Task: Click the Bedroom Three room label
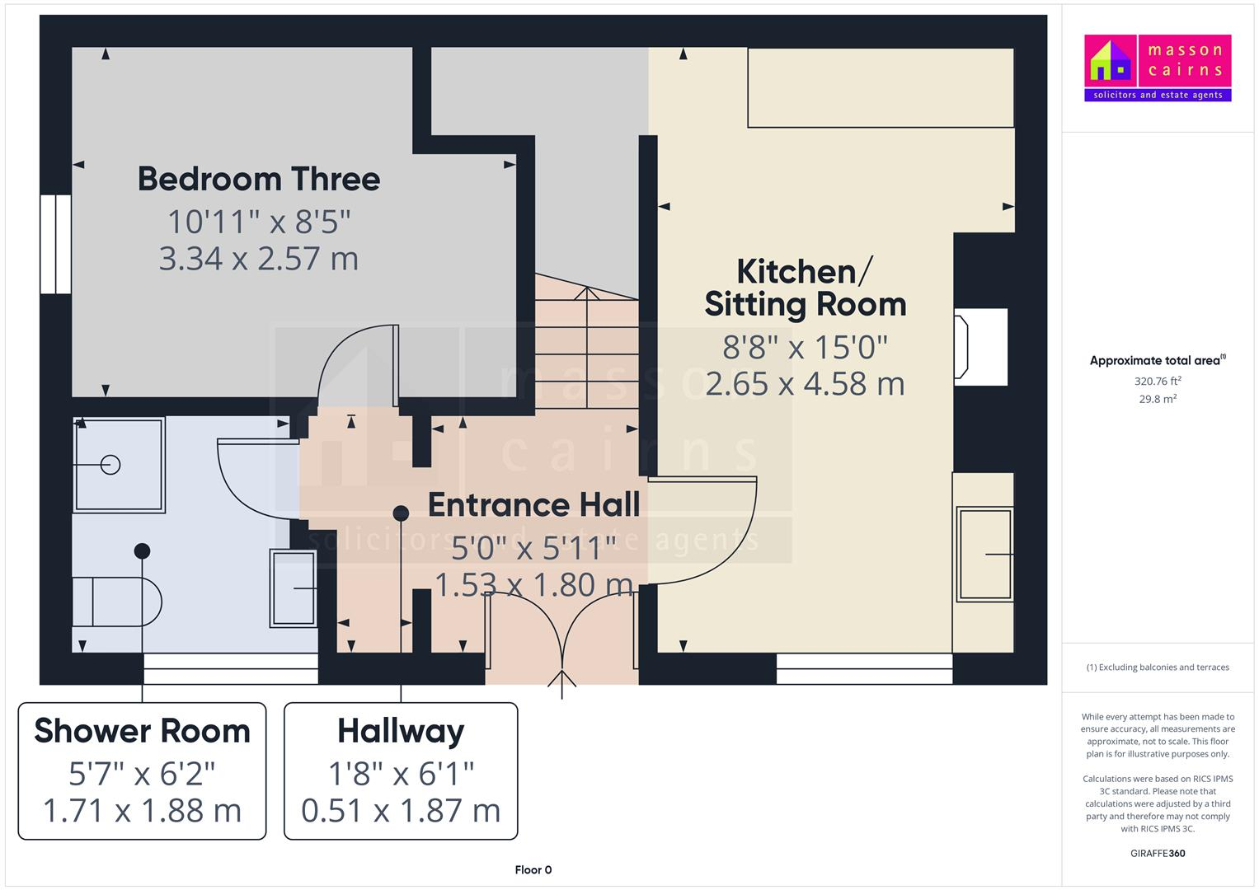click(x=258, y=179)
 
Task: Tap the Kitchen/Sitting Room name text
click(x=805, y=288)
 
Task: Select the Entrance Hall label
click(x=533, y=504)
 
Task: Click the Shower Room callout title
click(x=142, y=731)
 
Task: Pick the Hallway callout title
click(x=401, y=731)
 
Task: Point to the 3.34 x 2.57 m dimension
click(x=258, y=259)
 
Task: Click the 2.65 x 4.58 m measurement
click(x=805, y=384)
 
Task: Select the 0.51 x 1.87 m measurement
click(x=401, y=811)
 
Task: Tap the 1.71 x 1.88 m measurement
click(x=142, y=811)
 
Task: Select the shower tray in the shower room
click(x=119, y=465)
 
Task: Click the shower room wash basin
click(x=294, y=588)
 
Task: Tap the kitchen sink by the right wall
click(x=984, y=554)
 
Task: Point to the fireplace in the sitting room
click(x=980, y=347)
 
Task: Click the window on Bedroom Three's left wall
click(x=55, y=244)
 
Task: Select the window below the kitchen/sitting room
click(x=864, y=668)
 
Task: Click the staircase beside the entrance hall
click(x=586, y=346)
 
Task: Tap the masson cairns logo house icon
click(x=1110, y=61)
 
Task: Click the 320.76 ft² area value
click(x=1157, y=382)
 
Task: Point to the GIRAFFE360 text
click(x=1157, y=853)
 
